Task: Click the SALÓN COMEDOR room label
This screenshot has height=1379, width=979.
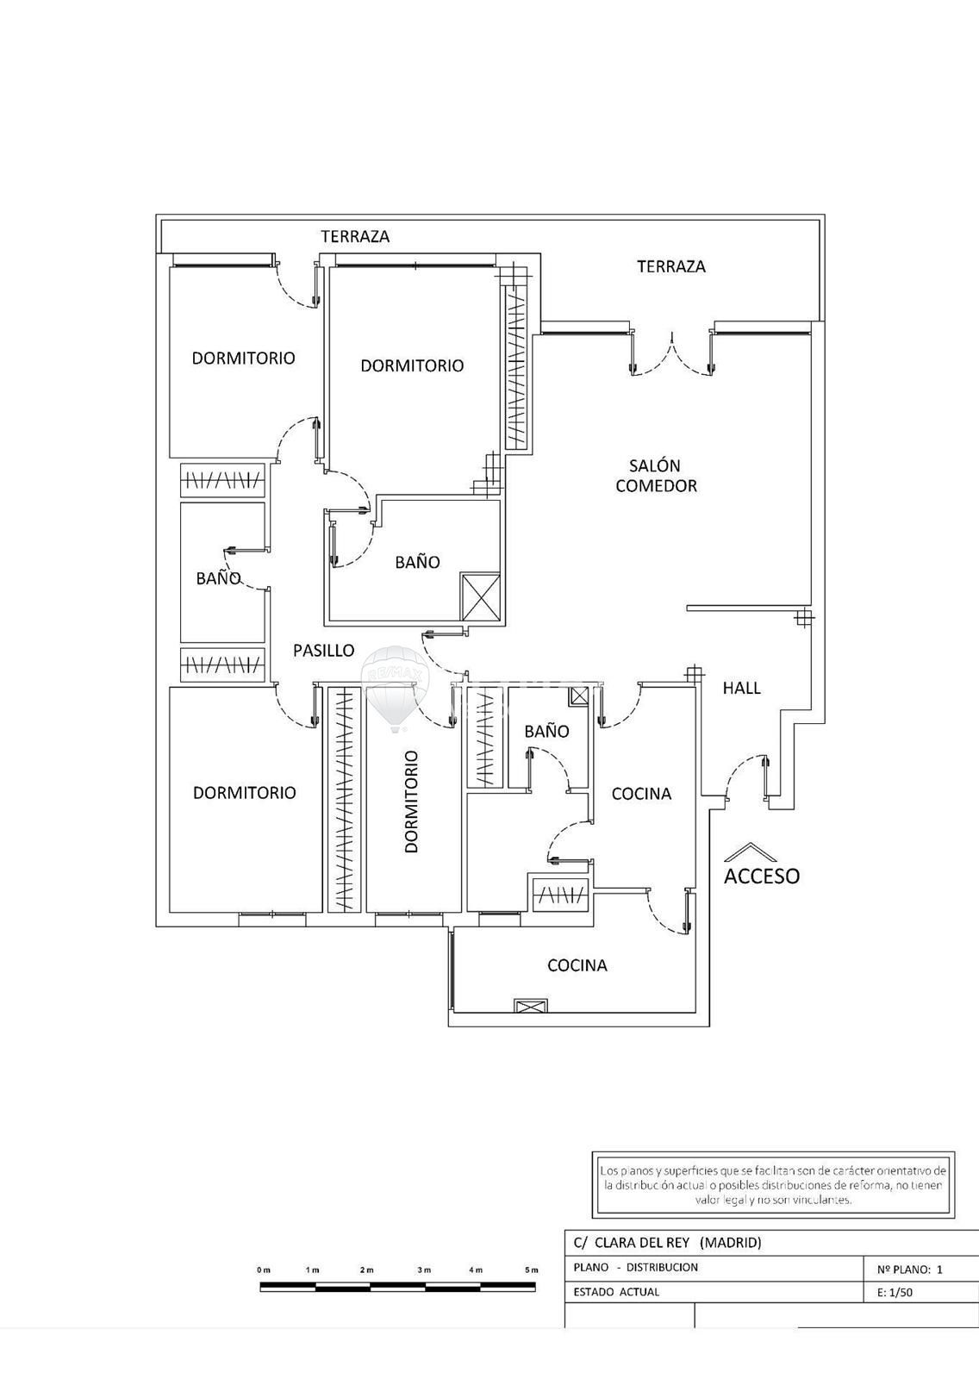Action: click(x=656, y=475)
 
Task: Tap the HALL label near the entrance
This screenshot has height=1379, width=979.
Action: click(x=741, y=688)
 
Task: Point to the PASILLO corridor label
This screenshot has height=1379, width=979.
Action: click(x=323, y=650)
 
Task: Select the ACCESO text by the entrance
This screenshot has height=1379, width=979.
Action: click(x=762, y=876)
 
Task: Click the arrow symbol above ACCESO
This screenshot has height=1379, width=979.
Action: click(x=751, y=852)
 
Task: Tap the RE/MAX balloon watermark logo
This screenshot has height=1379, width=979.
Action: click(x=394, y=688)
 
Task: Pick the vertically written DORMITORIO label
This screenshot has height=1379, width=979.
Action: click(x=411, y=801)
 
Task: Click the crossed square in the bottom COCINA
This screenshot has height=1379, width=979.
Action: click(x=530, y=1006)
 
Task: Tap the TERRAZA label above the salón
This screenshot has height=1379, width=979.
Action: click(x=671, y=266)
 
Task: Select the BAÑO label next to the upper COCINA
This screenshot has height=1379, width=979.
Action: click(x=546, y=732)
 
